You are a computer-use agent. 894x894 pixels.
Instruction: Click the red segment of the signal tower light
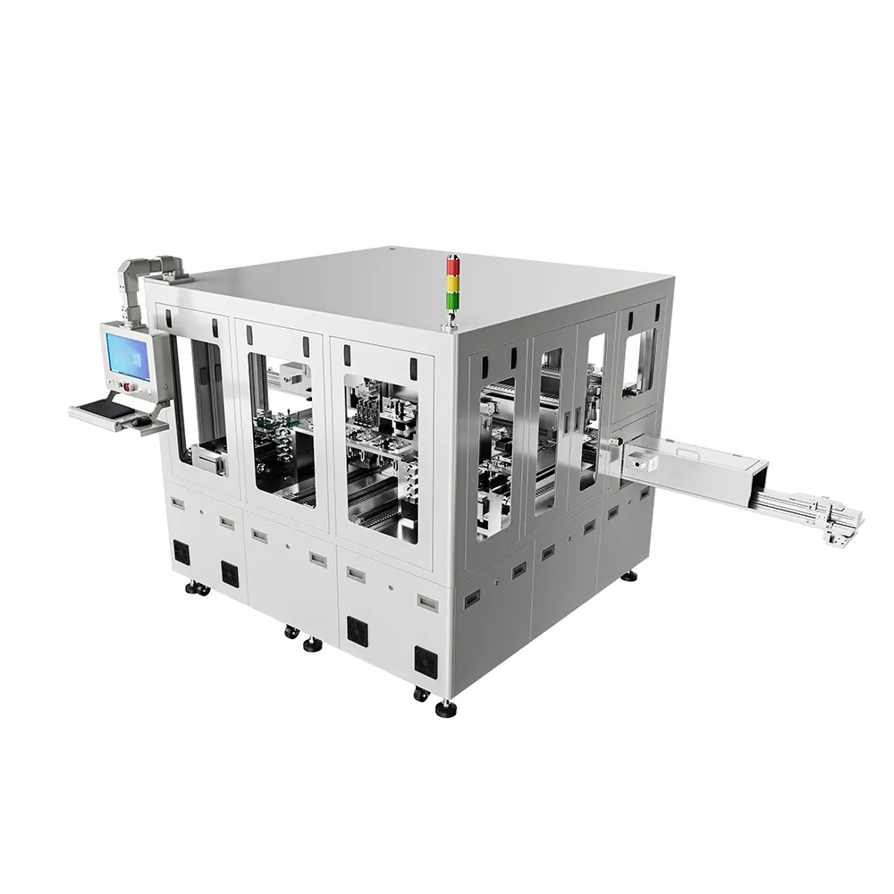click(x=451, y=265)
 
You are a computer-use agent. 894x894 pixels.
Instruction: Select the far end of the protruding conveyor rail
click(x=846, y=523)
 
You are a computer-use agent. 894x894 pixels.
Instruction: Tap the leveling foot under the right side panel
click(x=633, y=574)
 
